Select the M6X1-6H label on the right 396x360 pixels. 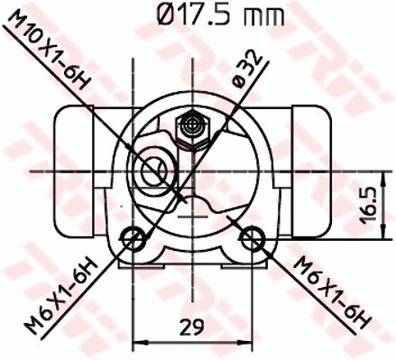(x=332, y=292)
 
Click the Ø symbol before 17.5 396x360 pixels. (x=150, y=14)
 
